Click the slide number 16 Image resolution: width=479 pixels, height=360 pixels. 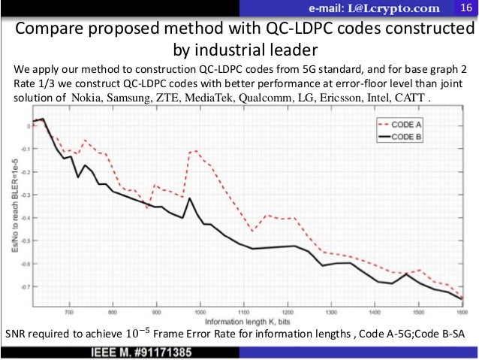tap(465, 8)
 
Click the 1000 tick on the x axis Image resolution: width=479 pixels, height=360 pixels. tap(200, 310)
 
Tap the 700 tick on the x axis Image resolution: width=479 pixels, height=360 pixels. tap(69, 310)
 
